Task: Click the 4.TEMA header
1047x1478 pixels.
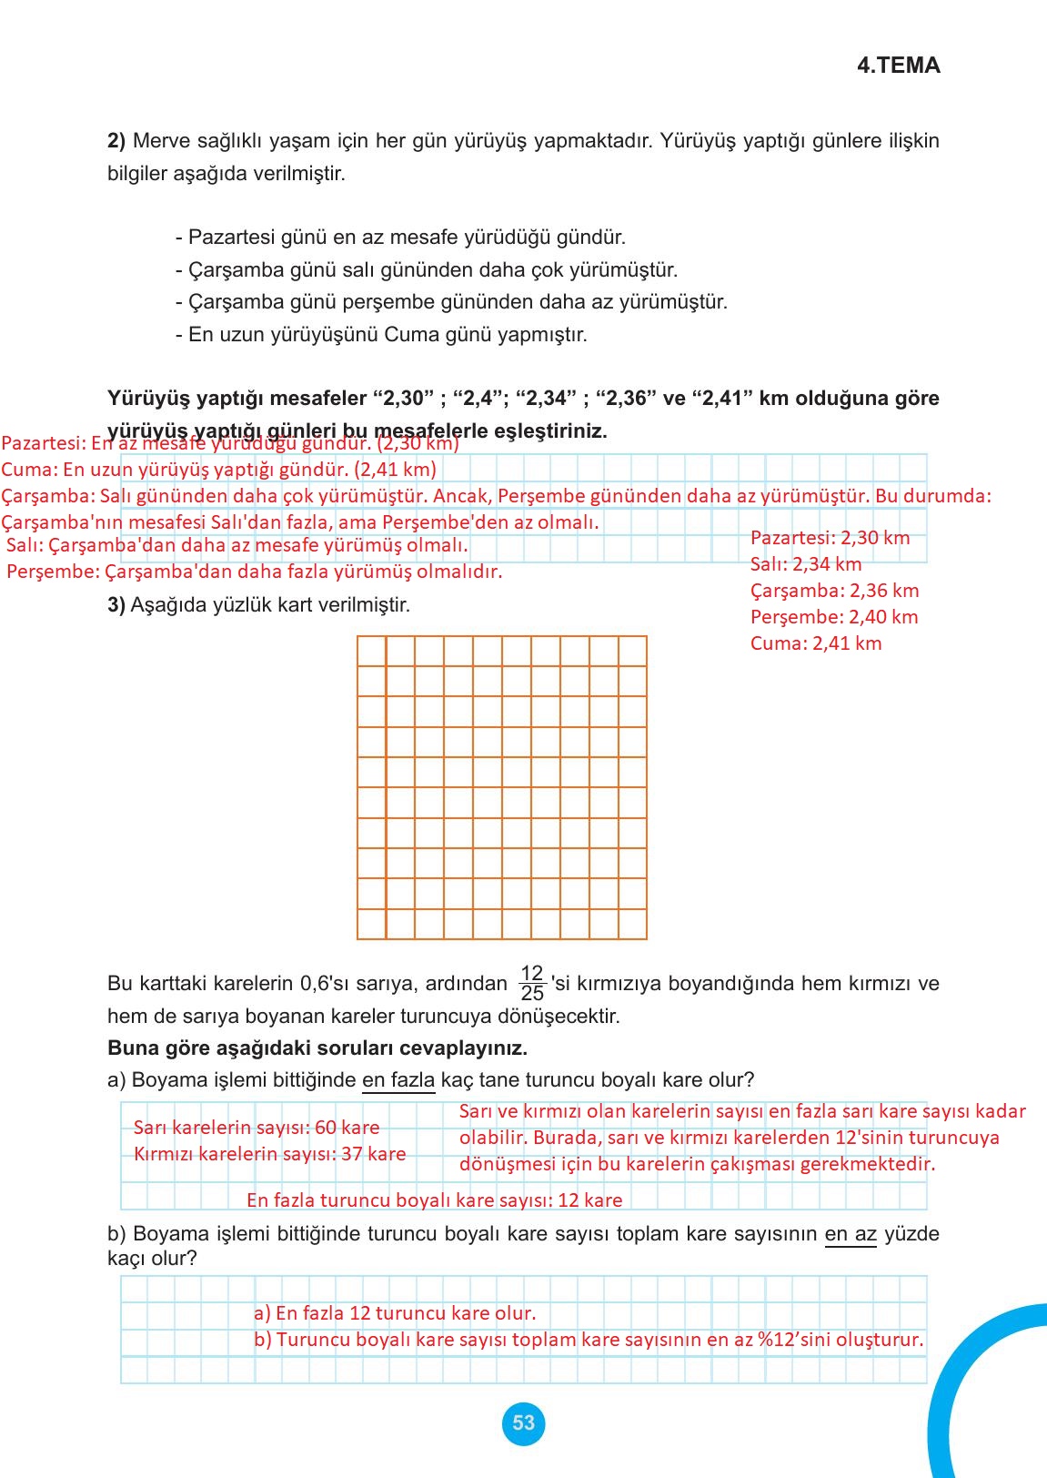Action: (x=898, y=66)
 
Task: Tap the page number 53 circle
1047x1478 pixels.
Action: (x=523, y=1423)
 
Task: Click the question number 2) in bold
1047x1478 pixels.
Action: (x=116, y=141)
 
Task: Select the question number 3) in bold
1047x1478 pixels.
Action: (x=116, y=605)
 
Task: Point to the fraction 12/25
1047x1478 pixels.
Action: (x=532, y=983)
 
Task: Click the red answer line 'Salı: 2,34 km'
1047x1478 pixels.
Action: (x=806, y=564)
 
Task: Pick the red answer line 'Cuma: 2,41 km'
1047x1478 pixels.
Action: (x=816, y=643)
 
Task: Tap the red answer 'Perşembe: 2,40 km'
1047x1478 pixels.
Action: (x=834, y=617)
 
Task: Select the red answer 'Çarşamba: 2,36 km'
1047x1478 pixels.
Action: (x=834, y=591)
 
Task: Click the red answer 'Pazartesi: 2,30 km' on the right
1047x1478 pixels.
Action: (x=830, y=538)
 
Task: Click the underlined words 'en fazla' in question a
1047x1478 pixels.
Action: (x=398, y=1080)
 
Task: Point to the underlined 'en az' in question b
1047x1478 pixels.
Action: (x=851, y=1234)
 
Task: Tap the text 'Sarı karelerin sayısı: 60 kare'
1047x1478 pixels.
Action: (x=257, y=1128)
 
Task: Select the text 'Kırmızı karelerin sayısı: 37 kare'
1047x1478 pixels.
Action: (x=270, y=1154)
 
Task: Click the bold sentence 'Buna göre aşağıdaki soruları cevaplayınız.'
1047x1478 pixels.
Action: (x=317, y=1048)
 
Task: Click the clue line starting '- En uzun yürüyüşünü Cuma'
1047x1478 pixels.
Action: (x=381, y=335)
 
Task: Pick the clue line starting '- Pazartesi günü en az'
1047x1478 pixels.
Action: (x=400, y=238)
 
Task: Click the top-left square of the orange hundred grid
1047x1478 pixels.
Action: (x=372, y=652)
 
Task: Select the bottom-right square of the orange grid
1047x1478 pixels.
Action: (x=632, y=924)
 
